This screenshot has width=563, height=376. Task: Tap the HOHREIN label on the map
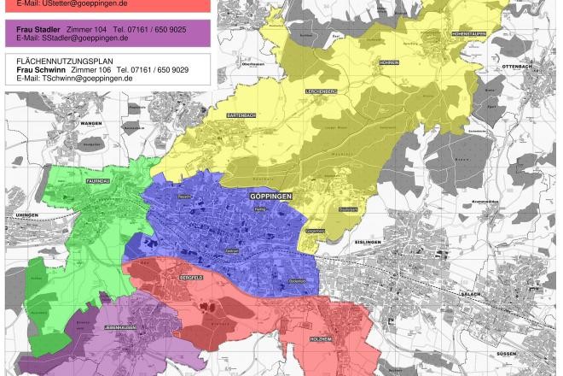coord(390,62)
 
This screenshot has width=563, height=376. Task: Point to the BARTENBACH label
coord(241,115)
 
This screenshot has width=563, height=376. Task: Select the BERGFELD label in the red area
coord(190,279)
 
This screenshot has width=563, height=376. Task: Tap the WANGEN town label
coord(90,123)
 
